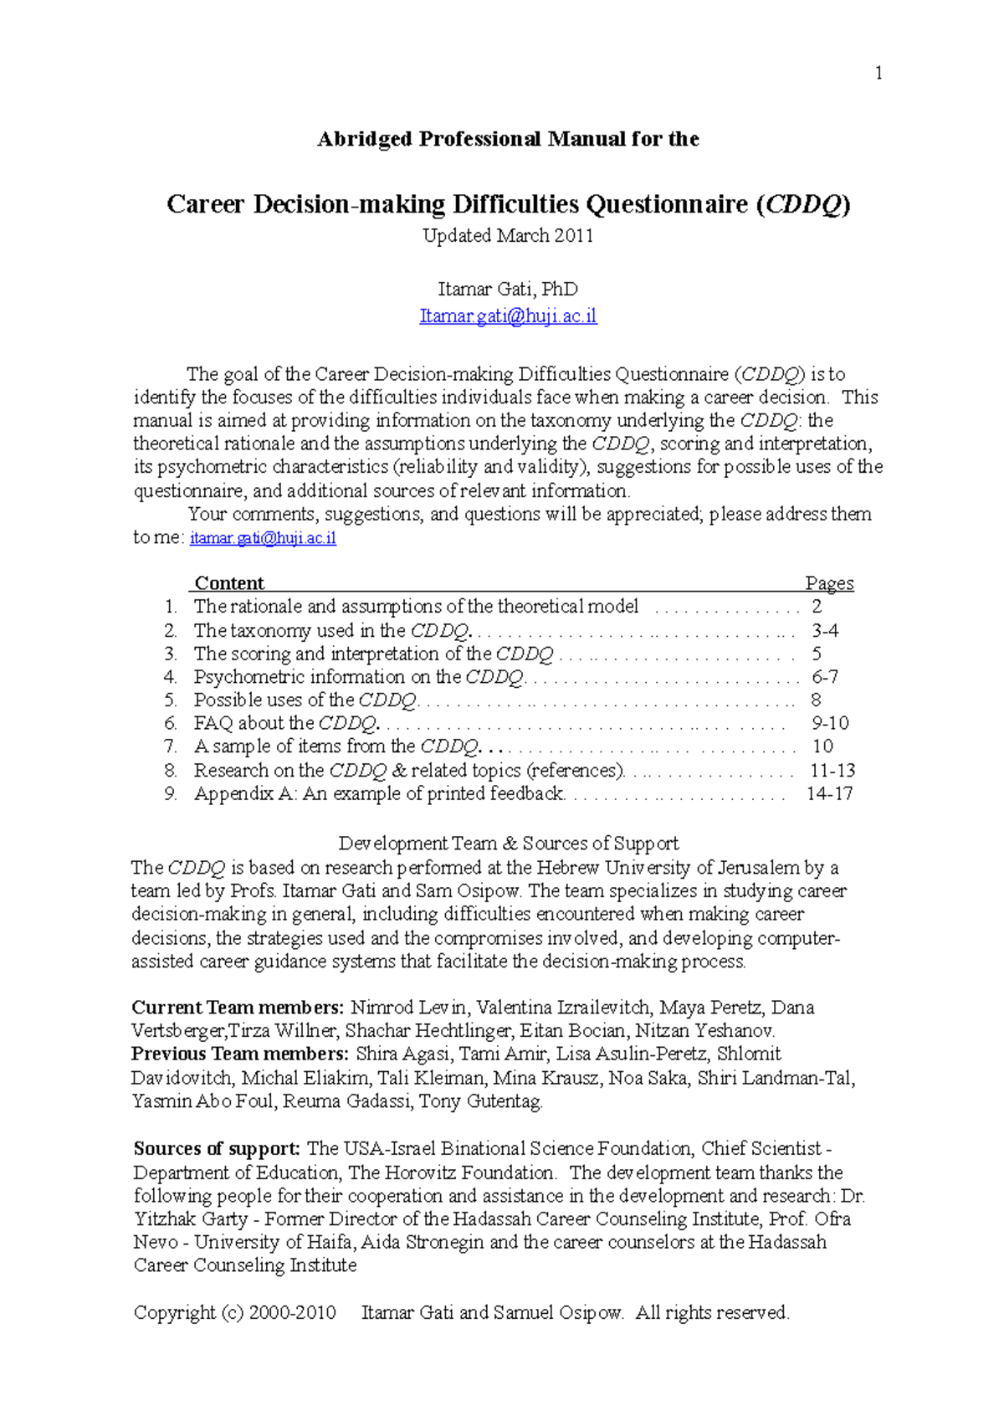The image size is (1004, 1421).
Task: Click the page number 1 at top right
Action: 878,74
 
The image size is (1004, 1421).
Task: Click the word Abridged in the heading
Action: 364,139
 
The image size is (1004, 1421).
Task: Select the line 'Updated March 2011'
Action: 508,236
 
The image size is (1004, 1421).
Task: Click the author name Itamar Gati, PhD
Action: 508,290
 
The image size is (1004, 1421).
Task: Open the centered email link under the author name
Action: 508,316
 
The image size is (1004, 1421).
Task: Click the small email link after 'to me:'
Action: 263,538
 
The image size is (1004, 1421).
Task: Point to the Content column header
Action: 228,583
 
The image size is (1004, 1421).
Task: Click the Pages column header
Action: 829,583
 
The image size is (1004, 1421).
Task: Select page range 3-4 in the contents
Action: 824,630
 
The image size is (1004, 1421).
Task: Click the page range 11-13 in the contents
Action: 832,770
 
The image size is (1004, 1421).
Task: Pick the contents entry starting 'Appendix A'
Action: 379,793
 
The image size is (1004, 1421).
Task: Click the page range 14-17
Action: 829,793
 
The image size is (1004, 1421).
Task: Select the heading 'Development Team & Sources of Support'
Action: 508,844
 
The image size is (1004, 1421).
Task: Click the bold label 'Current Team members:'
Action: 238,1008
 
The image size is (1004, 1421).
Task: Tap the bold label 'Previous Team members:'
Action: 239,1054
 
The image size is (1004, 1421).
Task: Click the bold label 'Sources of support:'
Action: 217,1149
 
